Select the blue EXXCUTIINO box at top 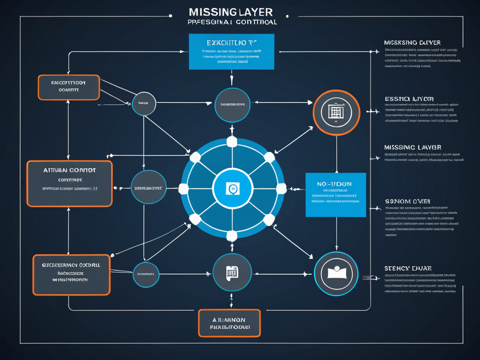[x=231, y=52]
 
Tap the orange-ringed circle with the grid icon [x=336, y=112]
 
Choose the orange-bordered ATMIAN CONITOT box [x=69, y=184]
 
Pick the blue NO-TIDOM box [x=335, y=195]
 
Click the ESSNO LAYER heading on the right [x=409, y=99]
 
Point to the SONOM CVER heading [x=407, y=201]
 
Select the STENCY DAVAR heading [x=408, y=268]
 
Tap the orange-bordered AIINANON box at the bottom [x=229, y=322]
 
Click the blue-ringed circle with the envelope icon [x=336, y=274]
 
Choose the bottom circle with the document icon [x=232, y=273]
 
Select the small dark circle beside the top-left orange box [x=144, y=103]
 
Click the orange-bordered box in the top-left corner [x=68, y=87]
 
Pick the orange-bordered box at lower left [x=71, y=275]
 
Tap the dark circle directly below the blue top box [x=232, y=105]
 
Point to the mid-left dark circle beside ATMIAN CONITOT [x=149, y=187]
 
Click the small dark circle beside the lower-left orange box [x=146, y=274]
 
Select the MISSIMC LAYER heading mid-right [x=412, y=147]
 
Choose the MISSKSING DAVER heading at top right [x=412, y=43]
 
